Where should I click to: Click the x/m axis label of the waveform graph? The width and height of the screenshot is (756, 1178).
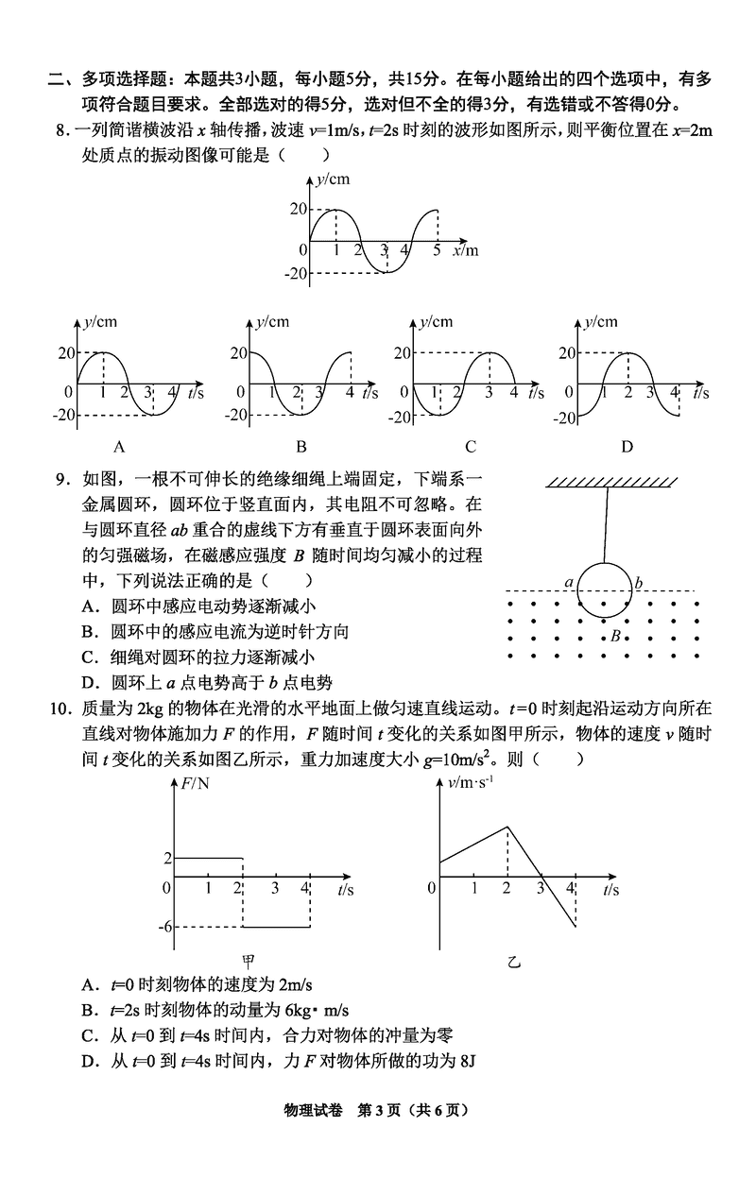tap(465, 250)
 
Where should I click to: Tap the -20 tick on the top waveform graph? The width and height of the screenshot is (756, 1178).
tap(298, 274)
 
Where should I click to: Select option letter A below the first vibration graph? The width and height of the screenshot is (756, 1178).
tap(119, 447)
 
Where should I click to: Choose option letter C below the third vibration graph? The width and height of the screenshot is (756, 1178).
tap(470, 447)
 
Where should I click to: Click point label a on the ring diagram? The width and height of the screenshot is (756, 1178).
tap(569, 583)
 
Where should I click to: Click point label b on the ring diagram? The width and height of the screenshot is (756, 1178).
tap(639, 583)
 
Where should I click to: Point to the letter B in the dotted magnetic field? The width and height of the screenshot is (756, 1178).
tap(615, 636)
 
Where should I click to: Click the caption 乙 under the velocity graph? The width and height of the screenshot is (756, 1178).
tap(514, 963)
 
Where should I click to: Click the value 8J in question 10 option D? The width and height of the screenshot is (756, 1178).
tap(465, 1061)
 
